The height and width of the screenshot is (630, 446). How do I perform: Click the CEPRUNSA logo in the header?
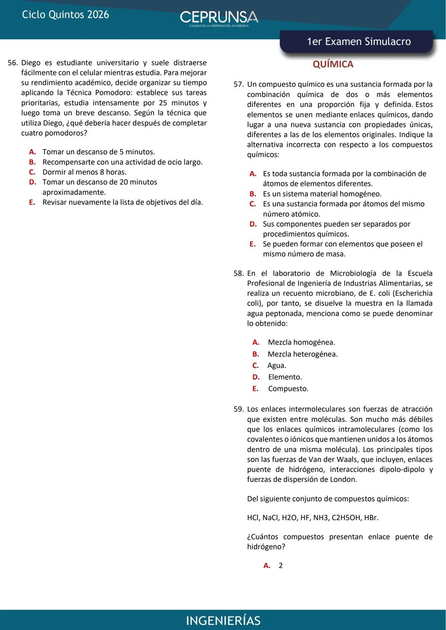click(219, 18)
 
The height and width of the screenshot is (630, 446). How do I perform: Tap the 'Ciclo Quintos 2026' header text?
click(65, 14)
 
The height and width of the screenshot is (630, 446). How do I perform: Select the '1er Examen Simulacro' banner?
click(358, 42)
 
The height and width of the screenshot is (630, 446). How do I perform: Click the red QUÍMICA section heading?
click(333, 64)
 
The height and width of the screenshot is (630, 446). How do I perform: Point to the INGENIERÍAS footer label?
click(223, 621)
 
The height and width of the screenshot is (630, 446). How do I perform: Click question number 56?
click(13, 63)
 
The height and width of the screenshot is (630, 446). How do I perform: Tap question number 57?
click(239, 85)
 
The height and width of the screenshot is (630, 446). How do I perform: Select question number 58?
click(239, 273)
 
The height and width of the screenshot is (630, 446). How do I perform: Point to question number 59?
click(239, 409)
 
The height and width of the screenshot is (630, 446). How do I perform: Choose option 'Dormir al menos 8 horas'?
click(84, 172)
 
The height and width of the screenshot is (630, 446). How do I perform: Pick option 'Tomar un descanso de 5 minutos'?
click(98, 152)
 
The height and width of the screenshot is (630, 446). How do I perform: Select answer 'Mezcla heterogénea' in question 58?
click(302, 354)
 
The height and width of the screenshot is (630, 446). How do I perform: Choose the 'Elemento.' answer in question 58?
click(285, 377)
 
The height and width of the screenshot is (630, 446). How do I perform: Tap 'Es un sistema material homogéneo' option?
click(322, 194)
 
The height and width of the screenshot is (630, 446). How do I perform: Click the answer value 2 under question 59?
click(281, 566)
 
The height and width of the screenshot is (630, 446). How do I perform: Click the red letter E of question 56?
click(32, 202)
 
